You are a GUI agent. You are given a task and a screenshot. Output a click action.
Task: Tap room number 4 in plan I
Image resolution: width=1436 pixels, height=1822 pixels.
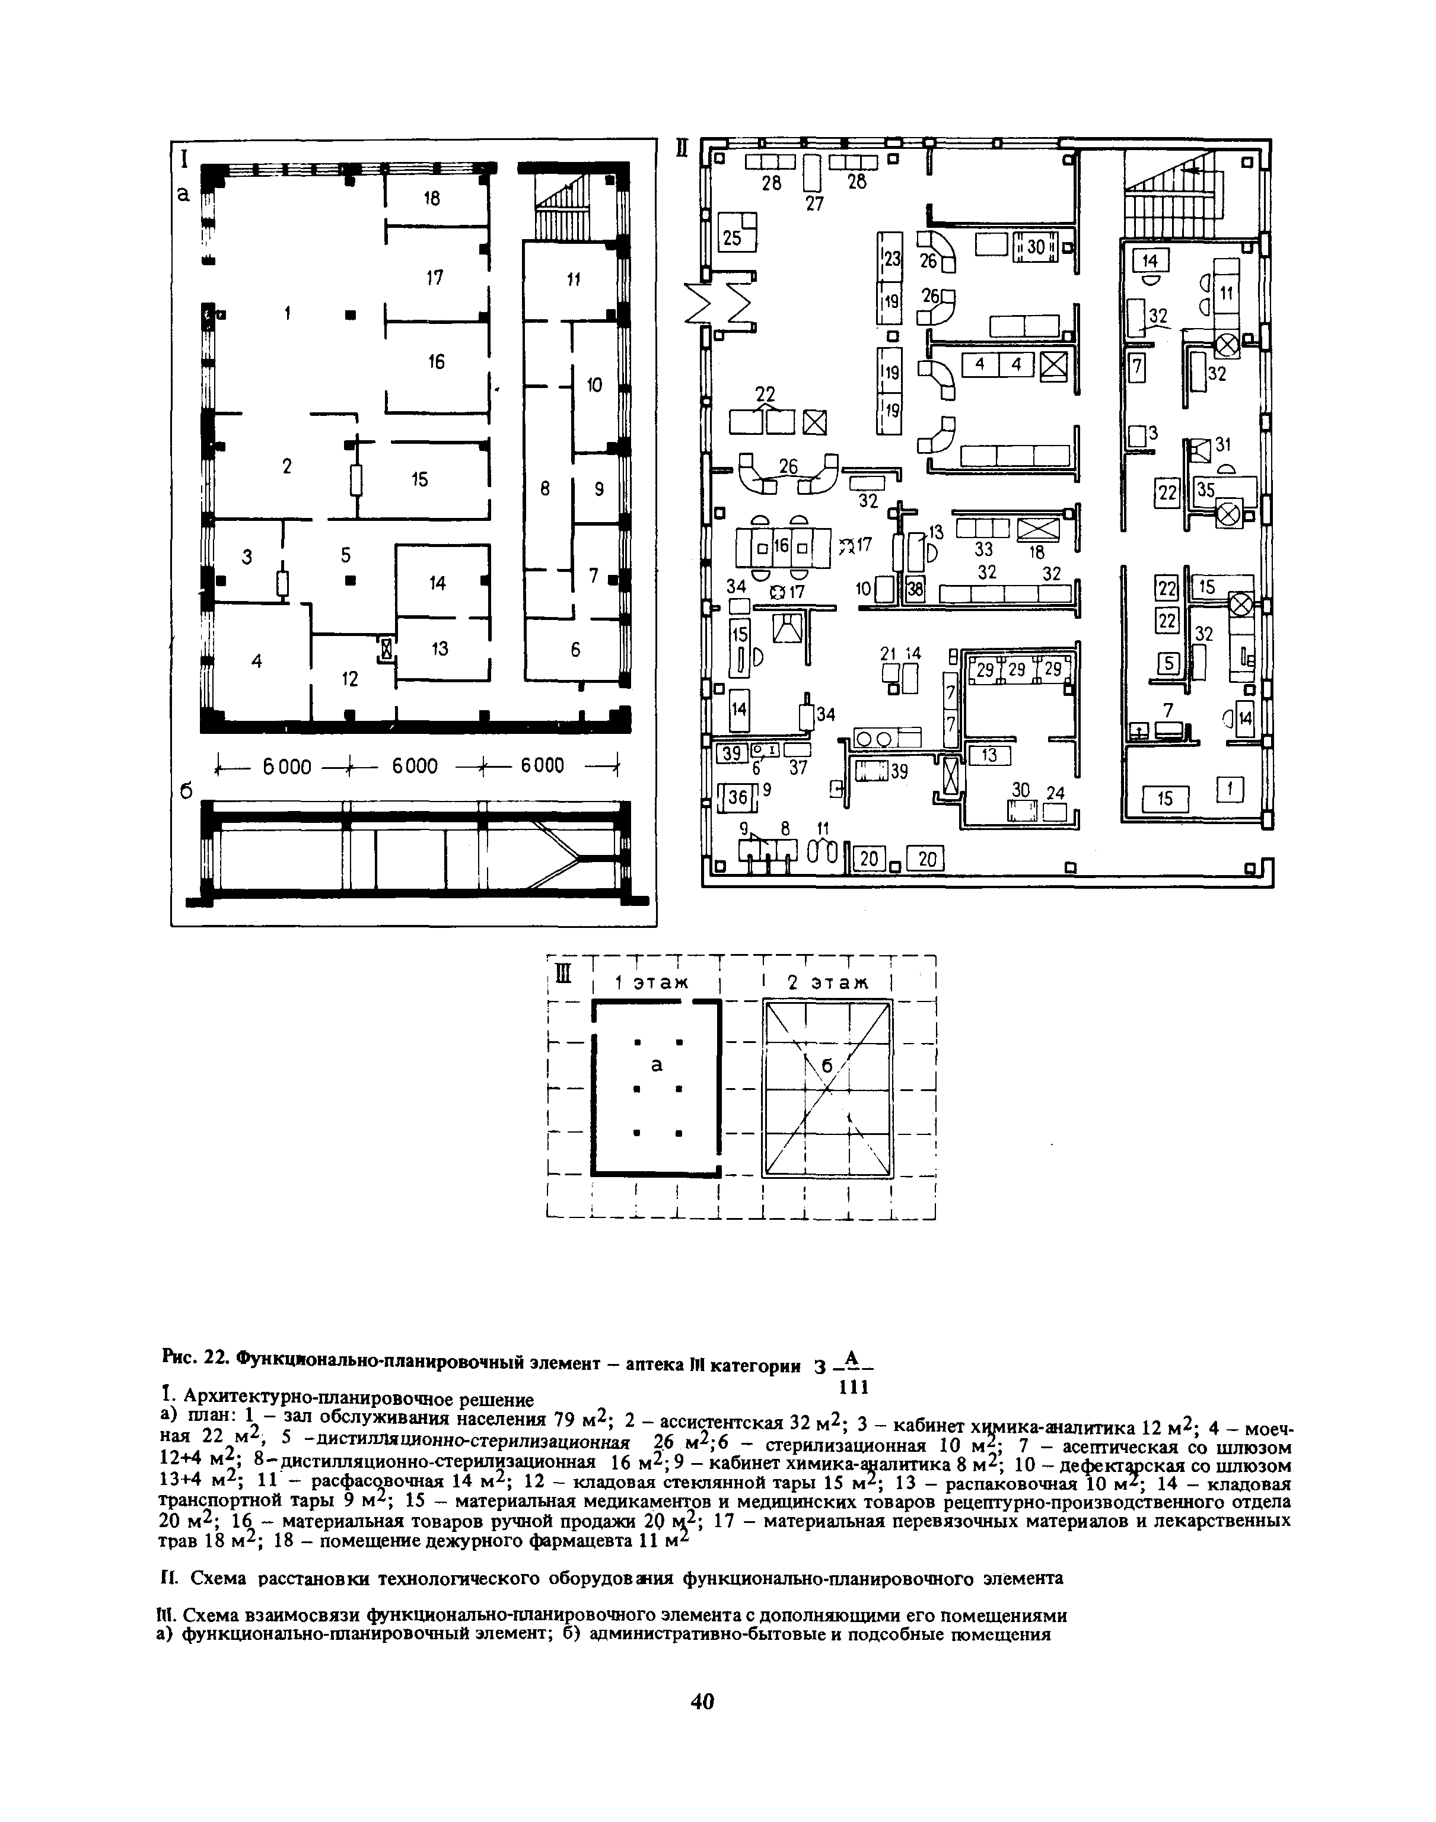tap(256, 662)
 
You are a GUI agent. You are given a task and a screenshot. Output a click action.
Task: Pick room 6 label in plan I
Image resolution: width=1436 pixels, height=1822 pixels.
tap(576, 650)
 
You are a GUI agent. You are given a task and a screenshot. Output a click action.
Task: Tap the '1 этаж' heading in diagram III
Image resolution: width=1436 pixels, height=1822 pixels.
tap(651, 982)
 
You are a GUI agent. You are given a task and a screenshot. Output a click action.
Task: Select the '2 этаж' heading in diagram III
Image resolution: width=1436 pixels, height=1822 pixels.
tap(826, 982)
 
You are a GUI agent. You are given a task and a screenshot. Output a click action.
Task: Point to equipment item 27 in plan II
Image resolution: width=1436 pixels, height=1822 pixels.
tap(814, 203)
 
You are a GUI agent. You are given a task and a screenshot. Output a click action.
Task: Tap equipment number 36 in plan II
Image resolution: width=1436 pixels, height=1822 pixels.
tap(737, 796)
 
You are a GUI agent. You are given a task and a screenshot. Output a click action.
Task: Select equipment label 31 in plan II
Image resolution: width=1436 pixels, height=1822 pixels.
tap(1223, 443)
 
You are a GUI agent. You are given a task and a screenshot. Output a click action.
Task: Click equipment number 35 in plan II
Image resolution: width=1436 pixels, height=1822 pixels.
tap(1206, 490)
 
